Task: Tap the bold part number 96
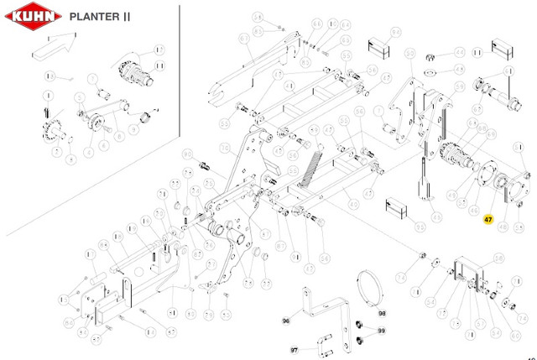(285, 321)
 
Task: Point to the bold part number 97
(295, 348)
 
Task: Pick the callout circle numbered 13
(48, 78)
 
